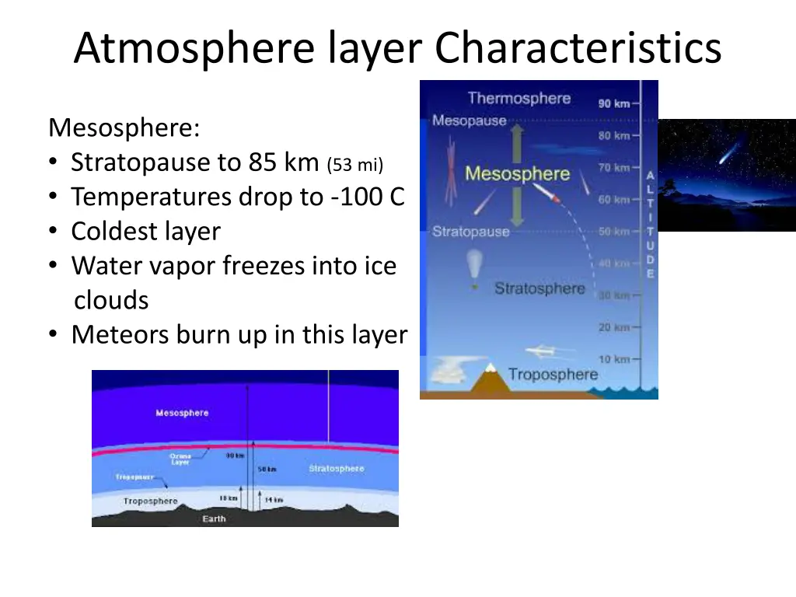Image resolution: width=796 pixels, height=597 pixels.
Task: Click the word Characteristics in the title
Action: click(578, 48)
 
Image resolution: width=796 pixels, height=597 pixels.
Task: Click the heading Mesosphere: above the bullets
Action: click(124, 127)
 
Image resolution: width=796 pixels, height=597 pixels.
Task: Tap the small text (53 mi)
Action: click(355, 164)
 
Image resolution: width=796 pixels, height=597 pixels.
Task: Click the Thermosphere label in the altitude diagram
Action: click(518, 99)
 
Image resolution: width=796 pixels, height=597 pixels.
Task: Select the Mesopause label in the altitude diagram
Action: click(469, 120)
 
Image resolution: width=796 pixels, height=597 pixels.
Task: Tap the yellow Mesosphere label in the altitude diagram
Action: click(517, 173)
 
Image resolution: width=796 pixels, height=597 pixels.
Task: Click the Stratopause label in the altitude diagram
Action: click(470, 232)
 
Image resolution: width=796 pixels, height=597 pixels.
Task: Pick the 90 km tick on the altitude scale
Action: click(614, 103)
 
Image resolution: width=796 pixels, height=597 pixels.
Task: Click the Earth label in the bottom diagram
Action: click(214, 518)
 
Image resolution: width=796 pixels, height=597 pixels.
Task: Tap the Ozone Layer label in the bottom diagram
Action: click(180, 459)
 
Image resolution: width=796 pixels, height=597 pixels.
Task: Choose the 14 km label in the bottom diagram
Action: click(274, 500)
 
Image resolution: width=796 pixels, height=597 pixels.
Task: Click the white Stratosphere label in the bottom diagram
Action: click(336, 469)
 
